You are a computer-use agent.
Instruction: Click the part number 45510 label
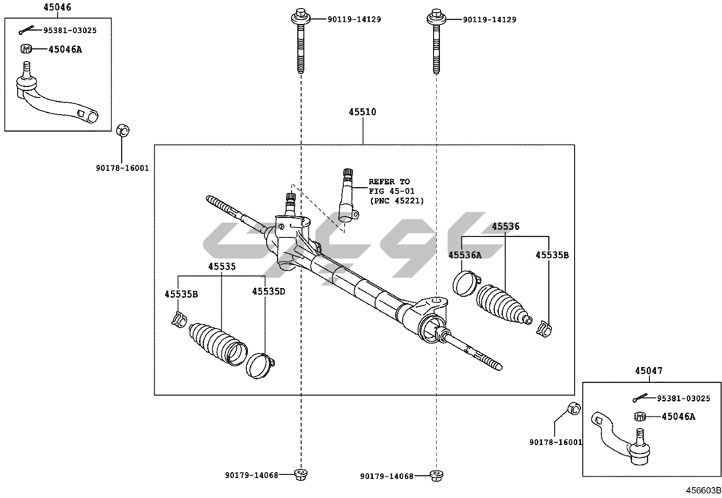362,112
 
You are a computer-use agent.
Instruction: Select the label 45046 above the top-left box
57,7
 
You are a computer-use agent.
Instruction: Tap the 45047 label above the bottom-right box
649,371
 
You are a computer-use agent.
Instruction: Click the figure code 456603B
703,491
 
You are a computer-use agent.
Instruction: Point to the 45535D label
268,291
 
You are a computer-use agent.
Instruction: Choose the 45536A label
465,255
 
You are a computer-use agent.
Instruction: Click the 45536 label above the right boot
506,226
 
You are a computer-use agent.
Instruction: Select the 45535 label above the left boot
222,266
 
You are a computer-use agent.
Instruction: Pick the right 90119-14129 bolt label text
489,19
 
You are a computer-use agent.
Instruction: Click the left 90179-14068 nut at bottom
301,474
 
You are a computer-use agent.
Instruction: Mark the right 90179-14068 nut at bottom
436,475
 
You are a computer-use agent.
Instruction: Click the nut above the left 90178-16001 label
122,131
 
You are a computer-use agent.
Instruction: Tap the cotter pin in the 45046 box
27,30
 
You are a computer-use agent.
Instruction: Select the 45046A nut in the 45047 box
640,416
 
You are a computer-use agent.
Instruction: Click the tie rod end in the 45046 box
54,97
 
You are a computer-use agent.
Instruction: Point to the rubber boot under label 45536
502,305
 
